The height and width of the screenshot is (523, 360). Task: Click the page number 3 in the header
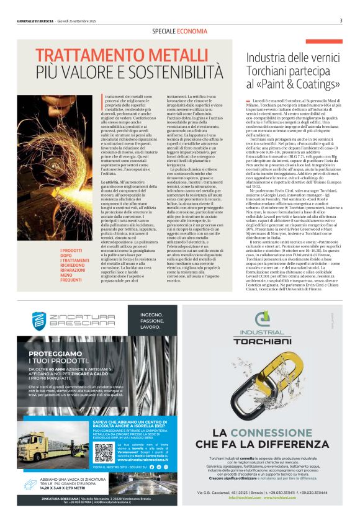[x=341, y=20]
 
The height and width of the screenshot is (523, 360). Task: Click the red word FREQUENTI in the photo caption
[x=71, y=280]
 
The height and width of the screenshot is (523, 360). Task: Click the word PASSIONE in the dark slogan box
[x=153, y=320]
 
